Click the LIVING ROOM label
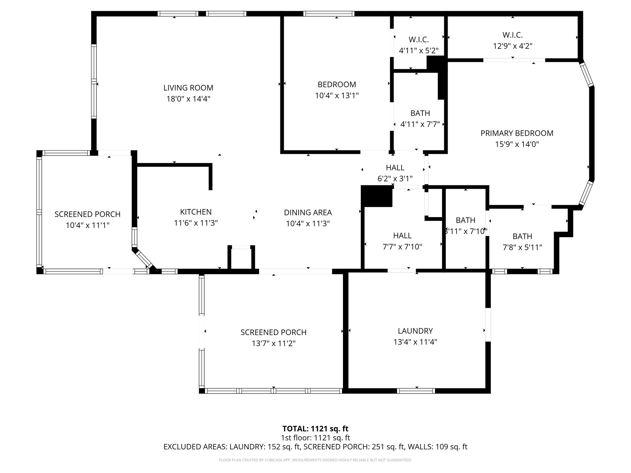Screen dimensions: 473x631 (x=188, y=88)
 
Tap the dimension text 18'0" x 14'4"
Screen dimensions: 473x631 (x=188, y=99)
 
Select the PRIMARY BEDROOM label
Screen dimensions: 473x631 (x=517, y=133)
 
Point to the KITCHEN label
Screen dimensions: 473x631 (x=196, y=212)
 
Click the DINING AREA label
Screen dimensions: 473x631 (x=308, y=212)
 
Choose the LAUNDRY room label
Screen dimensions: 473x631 (x=415, y=331)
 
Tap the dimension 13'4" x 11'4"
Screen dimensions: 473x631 (x=415, y=342)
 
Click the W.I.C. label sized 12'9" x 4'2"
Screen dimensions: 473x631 (x=512, y=35)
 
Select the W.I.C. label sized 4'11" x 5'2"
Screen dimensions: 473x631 (x=419, y=39)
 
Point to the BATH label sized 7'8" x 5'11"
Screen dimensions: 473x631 (x=522, y=236)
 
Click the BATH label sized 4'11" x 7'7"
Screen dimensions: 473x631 (x=420, y=113)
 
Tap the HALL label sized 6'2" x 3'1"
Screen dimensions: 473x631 (x=395, y=168)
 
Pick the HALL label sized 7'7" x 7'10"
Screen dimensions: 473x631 (x=402, y=236)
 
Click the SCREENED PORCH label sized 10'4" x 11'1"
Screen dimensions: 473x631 (x=88, y=214)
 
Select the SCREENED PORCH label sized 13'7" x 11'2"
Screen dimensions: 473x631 (x=273, y=332)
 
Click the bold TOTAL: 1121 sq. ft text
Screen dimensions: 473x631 (x=315, y=429)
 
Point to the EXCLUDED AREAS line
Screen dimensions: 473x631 (x=315, y=447)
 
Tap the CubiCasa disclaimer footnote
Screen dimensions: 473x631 (x=315, y=460)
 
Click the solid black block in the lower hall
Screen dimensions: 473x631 (x=377, y=196)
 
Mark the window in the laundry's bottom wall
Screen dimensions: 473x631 (x=416, y=391)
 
